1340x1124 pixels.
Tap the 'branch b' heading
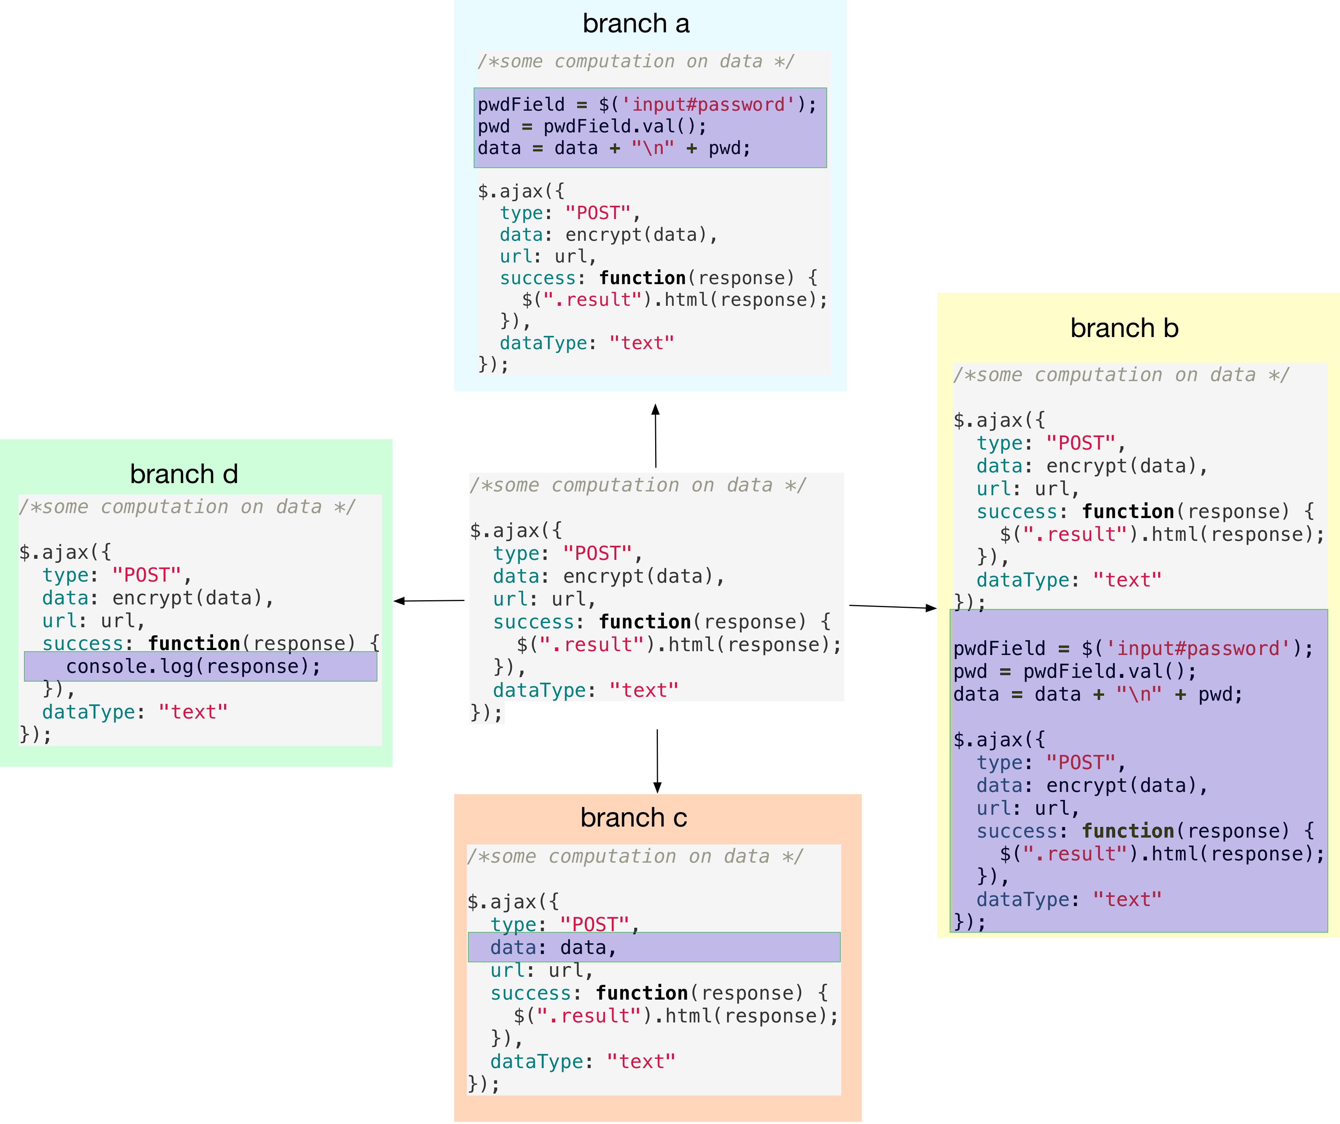click(1124, 328)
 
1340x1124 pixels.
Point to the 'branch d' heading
click(184, 474)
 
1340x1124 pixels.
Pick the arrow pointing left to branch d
click(429, 600)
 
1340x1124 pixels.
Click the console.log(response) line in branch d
click(193, 667)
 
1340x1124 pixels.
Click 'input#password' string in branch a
click(708, 105)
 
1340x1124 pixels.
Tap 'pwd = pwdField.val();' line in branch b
click(1074, 671)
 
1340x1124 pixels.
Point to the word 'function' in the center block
click(645, 622)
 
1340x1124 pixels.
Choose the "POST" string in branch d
click(147, 576)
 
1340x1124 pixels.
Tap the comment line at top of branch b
click(1120, 375)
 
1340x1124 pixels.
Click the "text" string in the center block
click(643, 690)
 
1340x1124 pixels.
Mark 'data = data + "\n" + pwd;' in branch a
click(614, 148)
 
